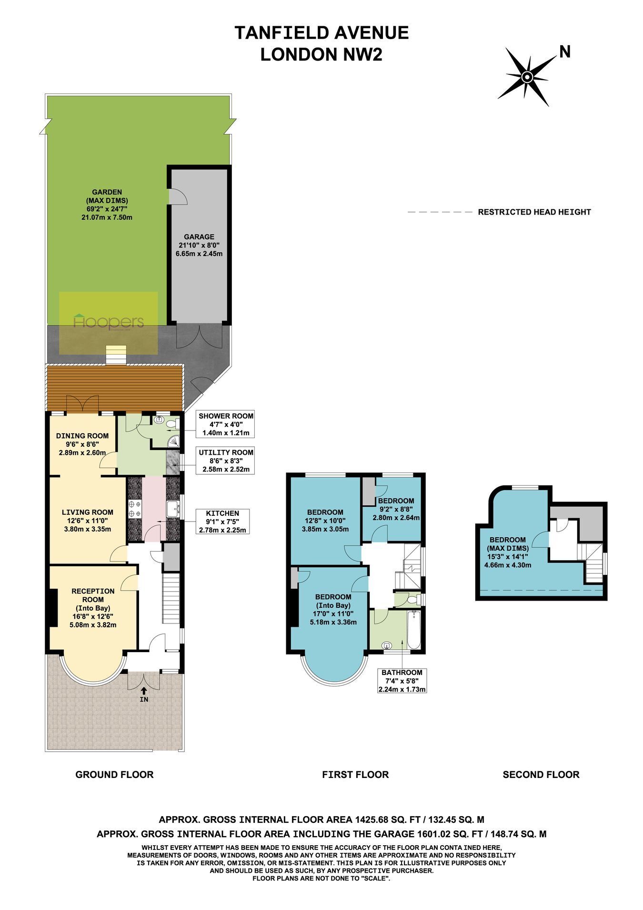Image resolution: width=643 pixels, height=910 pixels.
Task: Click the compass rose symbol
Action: coord(527,77)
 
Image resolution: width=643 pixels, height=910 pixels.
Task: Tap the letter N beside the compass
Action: coord(565,51)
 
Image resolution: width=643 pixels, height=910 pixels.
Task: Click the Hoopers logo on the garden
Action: coord(109,322)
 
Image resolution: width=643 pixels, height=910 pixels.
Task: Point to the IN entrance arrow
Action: coord(144,691)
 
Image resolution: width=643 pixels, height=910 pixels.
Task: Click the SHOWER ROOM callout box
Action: coord(226,424)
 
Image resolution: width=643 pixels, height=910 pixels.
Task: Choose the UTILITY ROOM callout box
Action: coord(226,460)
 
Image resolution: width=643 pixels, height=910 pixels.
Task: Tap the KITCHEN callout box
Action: coord(222,521)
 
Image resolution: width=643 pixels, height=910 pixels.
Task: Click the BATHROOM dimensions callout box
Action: coord(402,681)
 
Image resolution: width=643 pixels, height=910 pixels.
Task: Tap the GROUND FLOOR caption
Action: coord(114,775)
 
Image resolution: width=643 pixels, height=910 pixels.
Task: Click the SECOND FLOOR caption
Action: coord(541,775)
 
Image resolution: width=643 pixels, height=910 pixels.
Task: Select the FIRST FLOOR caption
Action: coord(355,775)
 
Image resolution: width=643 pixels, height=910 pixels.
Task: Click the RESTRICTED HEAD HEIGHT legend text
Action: coord(534,212)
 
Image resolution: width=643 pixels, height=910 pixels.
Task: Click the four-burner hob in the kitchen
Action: coord(134,508)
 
